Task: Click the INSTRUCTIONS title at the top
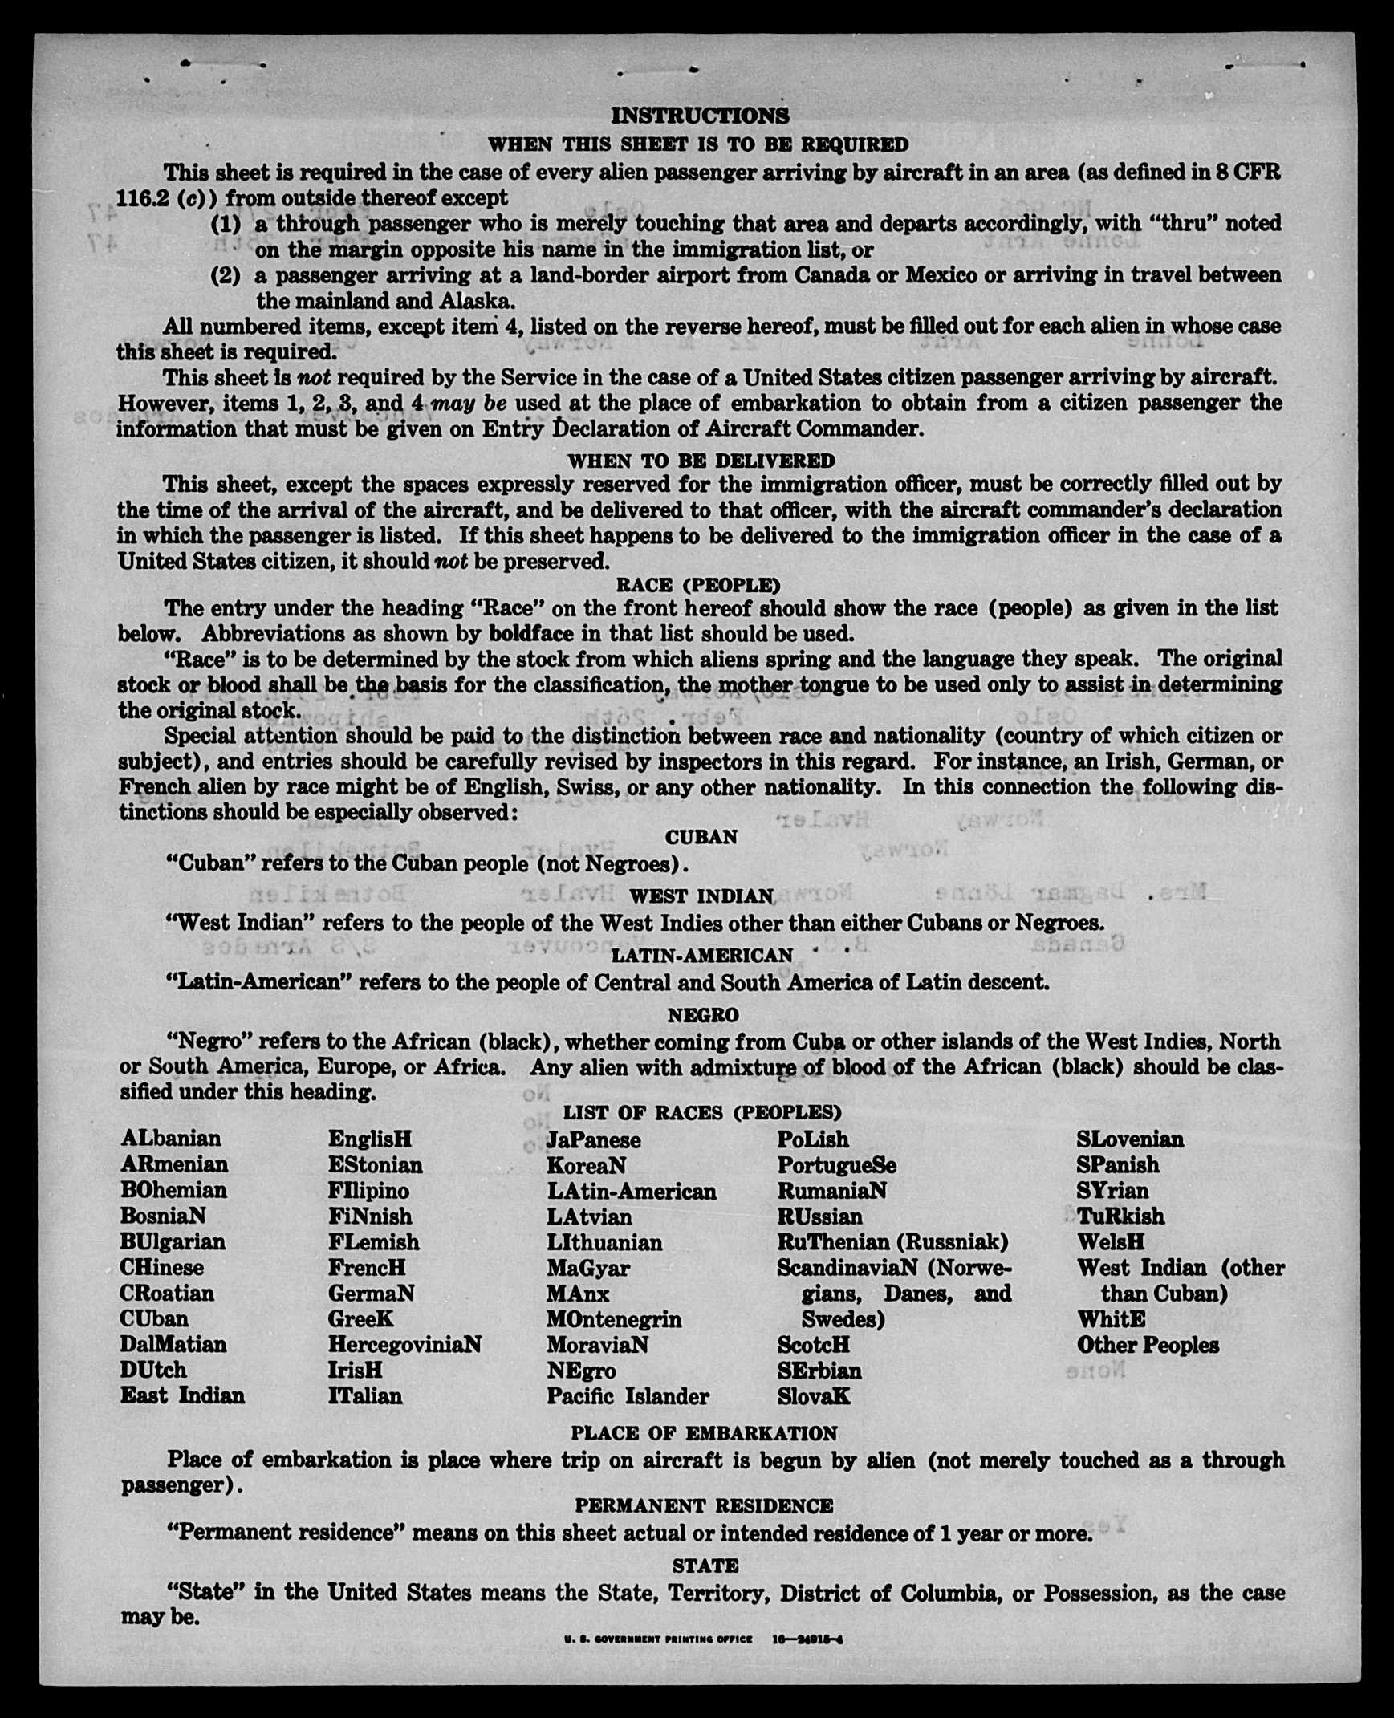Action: [x=700, y=116]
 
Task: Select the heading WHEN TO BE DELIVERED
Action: [x=701, y=461]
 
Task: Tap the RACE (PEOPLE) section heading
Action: [x=698, y=584]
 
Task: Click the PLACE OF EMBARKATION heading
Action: [x=704, y=1433]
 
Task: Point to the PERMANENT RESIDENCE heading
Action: [x=704, y=1506]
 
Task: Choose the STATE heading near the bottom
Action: [x=705, y=1566]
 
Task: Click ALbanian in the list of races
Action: [x=171, y=1139]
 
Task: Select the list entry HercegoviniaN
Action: [x=404, y=1344]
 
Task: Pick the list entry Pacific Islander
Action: [x=627, y=1396]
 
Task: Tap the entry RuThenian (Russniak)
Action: [x=892, y=1242]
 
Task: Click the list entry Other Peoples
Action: [x=1148, y=1345]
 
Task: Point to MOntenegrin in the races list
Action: [x=613, y=1319]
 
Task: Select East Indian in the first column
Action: [x=182, y=1395]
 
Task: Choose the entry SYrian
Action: [x=1112, y=1190]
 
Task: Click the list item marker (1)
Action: [x=226, y=223]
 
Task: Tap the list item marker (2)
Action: [x=226, y=275]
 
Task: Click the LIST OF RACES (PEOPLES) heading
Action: [x=702, y=1112]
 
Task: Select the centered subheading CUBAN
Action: [x=701, y=836]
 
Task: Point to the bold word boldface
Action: [x=530, y=633]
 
